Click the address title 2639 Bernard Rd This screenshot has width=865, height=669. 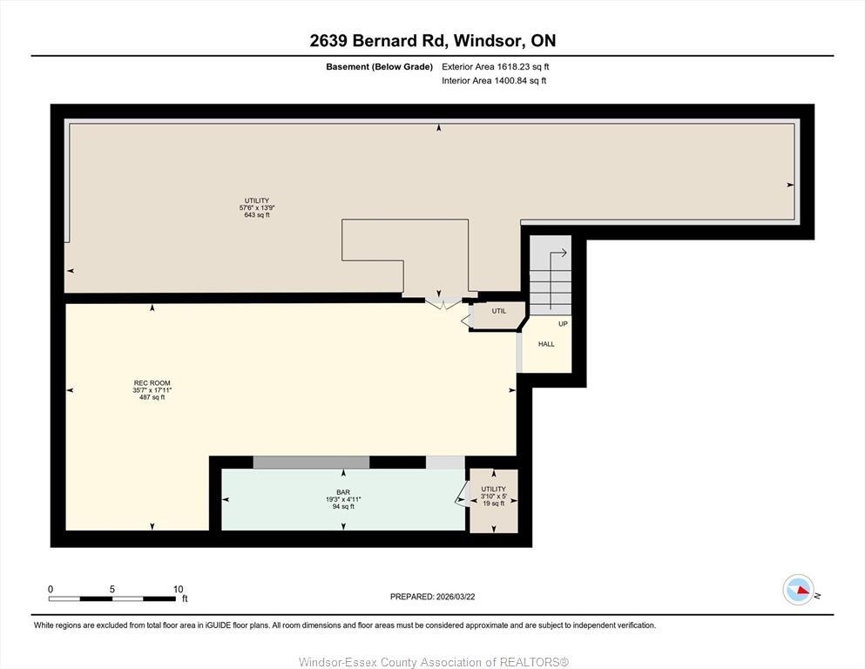pos(432,40)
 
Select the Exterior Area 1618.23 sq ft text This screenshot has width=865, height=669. pos(495,66)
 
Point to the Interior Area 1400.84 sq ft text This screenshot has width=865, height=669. pos(493,81)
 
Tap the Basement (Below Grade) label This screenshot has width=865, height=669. pos(379,66)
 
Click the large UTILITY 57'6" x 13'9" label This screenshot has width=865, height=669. pos(256,207)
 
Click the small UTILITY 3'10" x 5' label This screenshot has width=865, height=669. pos(493,496)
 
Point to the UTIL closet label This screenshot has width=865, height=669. pos(498,311)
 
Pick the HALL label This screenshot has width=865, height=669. pos(546,344)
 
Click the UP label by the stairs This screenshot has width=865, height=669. pos(563,324)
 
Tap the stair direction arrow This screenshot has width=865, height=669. pos(558,254)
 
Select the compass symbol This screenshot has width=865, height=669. pos(798,590)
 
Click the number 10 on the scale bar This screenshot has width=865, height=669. pos(178,589)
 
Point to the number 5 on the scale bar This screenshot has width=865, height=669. pos(112,589)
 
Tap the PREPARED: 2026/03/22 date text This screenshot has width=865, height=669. pos(432,597)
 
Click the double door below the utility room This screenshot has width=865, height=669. pos(443,303)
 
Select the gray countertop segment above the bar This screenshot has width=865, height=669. pos(311,463)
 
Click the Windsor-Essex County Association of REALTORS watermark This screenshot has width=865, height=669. pos(433,662)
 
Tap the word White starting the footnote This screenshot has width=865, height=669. pos(44,625)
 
